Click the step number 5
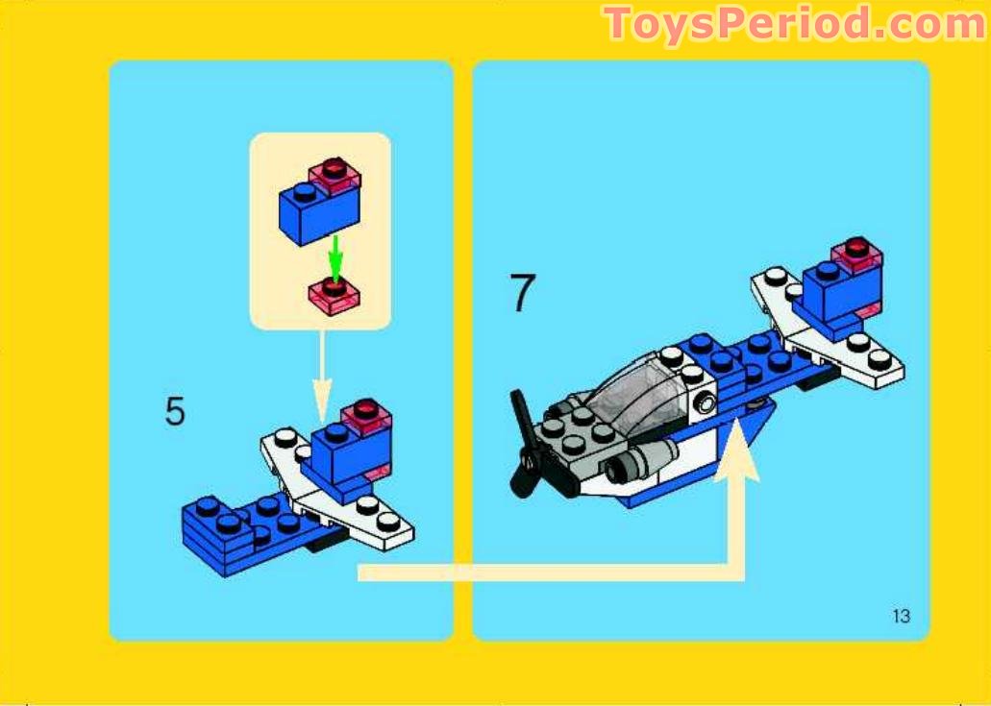click(175, 411)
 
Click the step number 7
click(521, 294)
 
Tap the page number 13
click(901, 617)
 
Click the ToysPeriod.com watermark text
click(793, 24)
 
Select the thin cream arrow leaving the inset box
click(322, 375)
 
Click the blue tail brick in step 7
click(834, 288)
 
